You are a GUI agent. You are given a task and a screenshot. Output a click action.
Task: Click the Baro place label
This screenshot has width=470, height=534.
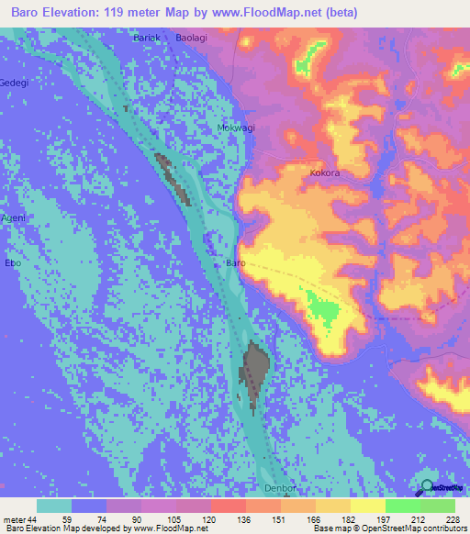235,263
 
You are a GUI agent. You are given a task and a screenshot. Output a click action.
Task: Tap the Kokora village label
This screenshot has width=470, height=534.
325,172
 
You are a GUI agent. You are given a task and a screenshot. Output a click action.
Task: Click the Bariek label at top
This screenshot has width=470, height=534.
147,37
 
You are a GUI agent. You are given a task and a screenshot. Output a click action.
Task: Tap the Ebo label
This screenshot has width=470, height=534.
13,263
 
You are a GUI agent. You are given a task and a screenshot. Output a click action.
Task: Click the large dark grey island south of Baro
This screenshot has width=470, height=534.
258,370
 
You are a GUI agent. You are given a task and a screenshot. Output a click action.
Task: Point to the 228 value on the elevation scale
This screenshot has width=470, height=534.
453,517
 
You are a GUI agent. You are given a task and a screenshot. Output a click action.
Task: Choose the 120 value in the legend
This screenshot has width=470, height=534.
209,517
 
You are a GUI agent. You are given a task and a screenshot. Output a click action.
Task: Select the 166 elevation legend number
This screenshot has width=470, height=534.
314,517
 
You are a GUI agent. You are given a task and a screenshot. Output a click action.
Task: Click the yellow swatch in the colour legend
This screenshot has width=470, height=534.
366,505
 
